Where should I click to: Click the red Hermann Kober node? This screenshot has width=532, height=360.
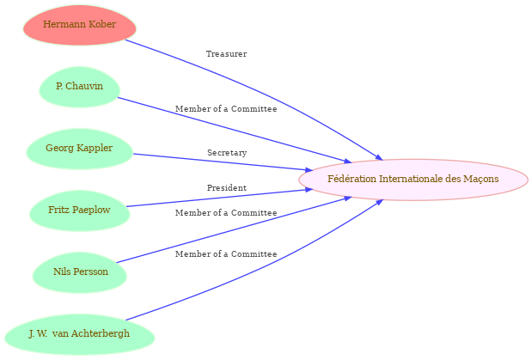(x=79, y=25)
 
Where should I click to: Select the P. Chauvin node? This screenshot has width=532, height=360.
(x=79, y=87)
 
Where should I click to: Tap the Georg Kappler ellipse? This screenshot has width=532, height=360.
(x=79, y=149)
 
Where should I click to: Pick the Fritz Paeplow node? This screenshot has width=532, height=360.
(x=79, y=211)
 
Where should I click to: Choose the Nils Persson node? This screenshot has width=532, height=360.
(x=79, y=272)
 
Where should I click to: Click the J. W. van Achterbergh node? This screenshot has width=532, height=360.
(x=79, y=334)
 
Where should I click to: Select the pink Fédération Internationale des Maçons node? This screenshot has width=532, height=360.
(x=413, y=179)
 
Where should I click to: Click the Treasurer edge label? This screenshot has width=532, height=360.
(x=226, y=54)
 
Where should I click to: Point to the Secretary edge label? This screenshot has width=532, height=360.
(x=226, y=153)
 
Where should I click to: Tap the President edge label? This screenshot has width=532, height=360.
(x=226, y=188)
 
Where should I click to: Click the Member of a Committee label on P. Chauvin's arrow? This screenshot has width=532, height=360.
(x=226, y=109)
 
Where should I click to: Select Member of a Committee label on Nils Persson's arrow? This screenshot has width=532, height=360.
(x=226, y=212)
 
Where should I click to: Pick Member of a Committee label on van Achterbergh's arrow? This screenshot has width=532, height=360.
(x=226, y=254)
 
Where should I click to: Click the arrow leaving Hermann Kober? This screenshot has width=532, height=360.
(x=258, y=89)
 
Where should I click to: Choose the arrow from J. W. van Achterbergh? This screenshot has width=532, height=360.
(x=258, y=270)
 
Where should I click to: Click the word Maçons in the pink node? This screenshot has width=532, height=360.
(x=480, y=179)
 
